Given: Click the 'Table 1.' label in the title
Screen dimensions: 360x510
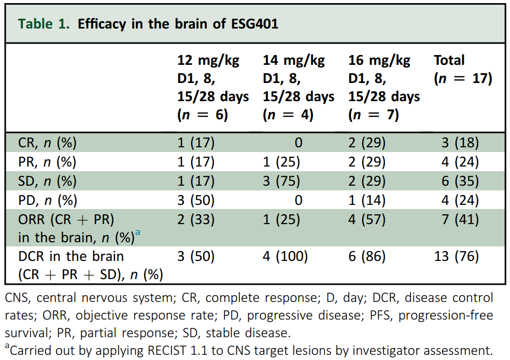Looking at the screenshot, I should tap(44, 24).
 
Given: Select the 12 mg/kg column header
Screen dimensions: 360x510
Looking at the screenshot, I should tap(212, 87).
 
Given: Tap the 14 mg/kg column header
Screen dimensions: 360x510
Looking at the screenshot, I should tap(298, 87).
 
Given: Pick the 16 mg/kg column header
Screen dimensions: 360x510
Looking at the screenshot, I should tap(384, 87).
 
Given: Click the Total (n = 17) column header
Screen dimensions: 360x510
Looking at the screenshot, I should tap(462, 69).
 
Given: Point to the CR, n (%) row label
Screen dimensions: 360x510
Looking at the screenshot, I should tap(47, 143).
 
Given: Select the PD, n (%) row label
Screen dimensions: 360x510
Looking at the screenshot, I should tap(47, 200).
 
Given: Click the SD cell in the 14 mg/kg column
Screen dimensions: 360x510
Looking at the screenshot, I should tap(281, 181).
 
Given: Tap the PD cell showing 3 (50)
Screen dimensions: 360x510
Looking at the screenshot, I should tap(196, 200).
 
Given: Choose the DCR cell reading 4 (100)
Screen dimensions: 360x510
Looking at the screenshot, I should tap(285, 256).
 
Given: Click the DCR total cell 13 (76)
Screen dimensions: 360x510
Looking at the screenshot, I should tap(456, 256).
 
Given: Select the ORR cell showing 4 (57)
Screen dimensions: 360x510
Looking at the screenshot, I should tap(366, 219).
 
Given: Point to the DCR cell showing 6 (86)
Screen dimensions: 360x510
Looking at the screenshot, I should tap(366, 256).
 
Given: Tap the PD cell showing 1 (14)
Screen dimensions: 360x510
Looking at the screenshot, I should tap(366, 200).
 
